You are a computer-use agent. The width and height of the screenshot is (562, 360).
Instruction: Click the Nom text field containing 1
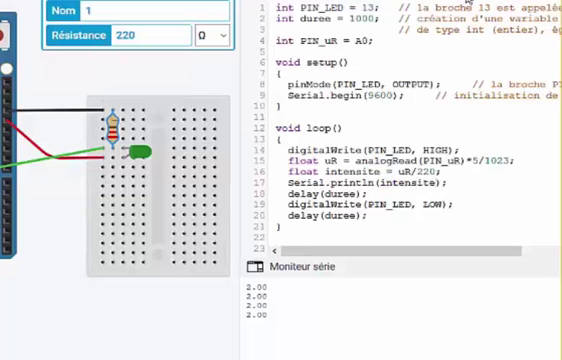(150, 10)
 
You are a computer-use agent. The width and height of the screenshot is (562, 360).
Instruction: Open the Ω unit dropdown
(212, 35)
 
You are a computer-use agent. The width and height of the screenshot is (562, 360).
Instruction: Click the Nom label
(64, 10)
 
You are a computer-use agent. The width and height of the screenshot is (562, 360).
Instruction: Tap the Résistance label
(78, 35)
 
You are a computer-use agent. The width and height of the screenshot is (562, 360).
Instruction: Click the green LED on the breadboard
(139, 151)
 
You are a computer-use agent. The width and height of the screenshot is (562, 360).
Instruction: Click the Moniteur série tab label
(302, 267)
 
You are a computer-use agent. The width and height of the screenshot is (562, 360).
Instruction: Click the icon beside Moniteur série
(254, 267)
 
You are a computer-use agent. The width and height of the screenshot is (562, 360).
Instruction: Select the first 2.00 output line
(256, 287)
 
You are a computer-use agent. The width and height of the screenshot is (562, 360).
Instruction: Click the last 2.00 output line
(256, 315)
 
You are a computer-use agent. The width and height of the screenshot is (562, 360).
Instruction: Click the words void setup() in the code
(311, 63)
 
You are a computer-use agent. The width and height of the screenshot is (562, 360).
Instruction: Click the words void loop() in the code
(308, 129)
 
